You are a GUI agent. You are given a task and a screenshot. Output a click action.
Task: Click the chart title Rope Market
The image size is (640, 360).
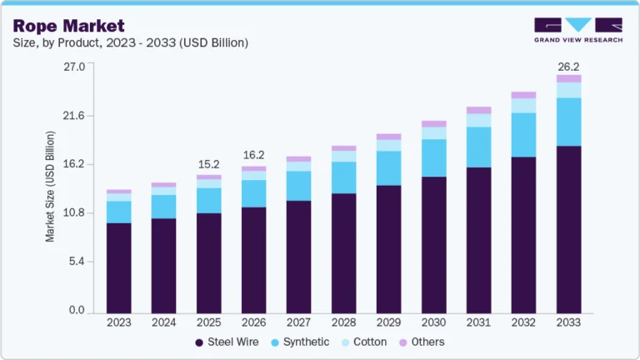(x=68, y=26)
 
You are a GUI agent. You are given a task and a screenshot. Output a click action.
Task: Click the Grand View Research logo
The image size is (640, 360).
(x=577, y=29)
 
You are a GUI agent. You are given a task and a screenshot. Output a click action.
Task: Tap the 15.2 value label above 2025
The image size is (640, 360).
(x=208, y=164)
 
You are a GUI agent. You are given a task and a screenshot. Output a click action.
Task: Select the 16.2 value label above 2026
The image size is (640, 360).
(x=253, y=155)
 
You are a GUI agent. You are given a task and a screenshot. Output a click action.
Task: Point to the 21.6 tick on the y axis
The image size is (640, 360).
(x=75, y=115)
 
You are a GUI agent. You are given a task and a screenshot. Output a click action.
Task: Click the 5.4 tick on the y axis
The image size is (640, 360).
(x=77, y=262)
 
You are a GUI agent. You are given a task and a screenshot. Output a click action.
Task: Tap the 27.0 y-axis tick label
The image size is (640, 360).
(x=75, y=67)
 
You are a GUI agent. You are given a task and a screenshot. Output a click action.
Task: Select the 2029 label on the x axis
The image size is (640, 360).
(x=388, y=322)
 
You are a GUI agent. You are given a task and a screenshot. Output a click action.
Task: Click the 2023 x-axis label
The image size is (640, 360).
(x=118, y=322)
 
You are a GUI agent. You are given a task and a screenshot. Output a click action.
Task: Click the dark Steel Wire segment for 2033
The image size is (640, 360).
(x=568, y=229)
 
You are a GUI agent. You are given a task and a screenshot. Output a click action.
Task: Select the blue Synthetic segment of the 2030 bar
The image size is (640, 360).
(x=433, y=157)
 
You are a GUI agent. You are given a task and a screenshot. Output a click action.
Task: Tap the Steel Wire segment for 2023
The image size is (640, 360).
(x=118, y=267)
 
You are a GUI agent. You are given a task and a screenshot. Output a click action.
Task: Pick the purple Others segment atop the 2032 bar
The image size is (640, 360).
(x=523, y=95)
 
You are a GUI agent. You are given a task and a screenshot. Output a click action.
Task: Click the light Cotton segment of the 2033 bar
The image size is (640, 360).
(x=568, y=90)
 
